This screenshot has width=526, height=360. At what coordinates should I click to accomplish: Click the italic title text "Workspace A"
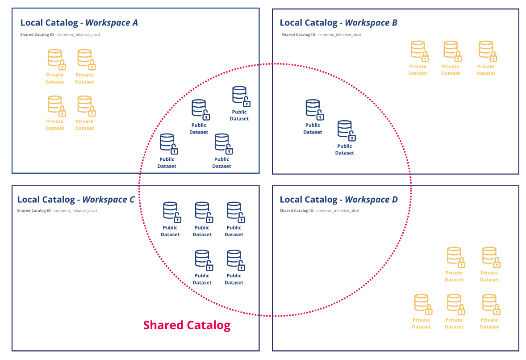pyautogui.click(x=111, y=22)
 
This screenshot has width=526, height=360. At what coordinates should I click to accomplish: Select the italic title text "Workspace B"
pyautogui.click(x=371, y=22)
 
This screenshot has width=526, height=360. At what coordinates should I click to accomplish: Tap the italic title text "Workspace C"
pyautogui.click(x=108, y=199)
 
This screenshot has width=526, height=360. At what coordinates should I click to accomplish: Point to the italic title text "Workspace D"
pyautogui.click(x=371, y=199)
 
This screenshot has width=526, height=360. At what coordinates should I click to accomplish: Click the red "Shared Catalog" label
pyautogui.click(x=187, y=325)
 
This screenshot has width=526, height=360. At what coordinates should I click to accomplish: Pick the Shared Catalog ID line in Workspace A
pyautogui.click(x=57, y=34)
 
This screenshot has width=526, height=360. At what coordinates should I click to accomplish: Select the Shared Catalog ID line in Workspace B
pyautogui.click(x=321, y=34)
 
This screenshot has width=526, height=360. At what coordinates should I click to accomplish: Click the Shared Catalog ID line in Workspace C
pyautogui.click(x=57, y=210)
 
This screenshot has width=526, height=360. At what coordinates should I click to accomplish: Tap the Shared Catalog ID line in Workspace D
pyautogui.click(x=319, y=210)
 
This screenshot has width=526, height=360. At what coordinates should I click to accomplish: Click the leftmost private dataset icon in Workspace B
pyautogui.click(x=419, y=50)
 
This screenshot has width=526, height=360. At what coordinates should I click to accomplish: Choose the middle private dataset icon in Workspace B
pyautogui.click(x=451, y=50)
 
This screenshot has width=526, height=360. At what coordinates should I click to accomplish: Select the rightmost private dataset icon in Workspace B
pyautogui.click(x=487, y=50)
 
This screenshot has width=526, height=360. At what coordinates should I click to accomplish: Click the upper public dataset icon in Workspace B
pyautogui.click(x=313, y=109)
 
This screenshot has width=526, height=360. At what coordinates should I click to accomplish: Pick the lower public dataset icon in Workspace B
pyautogui.click(x=345, y=130)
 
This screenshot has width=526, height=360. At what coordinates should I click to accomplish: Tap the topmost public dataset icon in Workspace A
pyautogui.click(x=240, y=96)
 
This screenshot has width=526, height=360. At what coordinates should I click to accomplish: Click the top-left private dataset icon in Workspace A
pyautogui.click(x=55, y=59)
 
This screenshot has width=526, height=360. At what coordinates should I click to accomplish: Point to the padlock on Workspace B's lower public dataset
pyautogui.click(x=352, y=136)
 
